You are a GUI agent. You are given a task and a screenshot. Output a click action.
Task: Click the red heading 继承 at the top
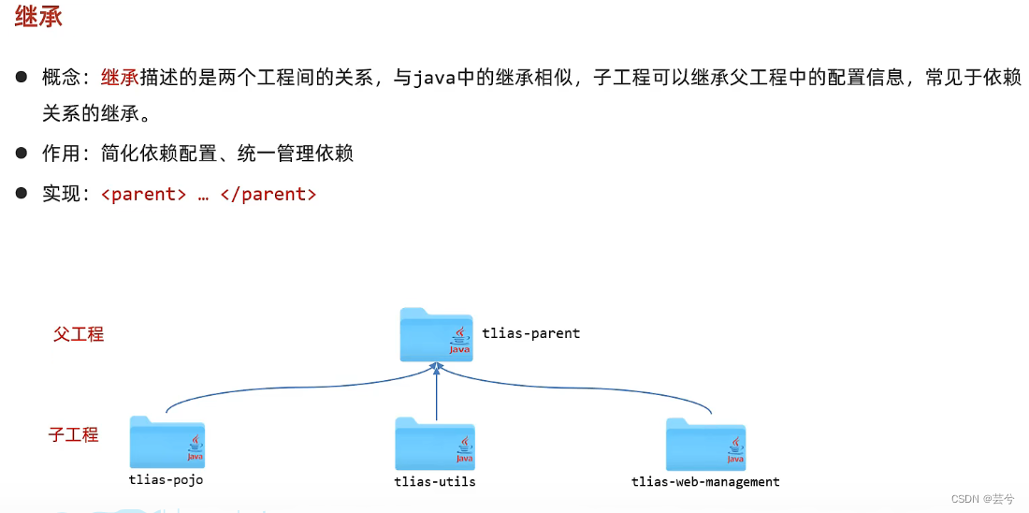[38, 18]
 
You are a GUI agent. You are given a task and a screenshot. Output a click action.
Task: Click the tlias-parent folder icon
[436, 334]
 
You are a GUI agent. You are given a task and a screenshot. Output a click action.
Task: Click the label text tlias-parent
[530, 332]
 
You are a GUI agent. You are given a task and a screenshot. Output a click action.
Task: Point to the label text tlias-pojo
[166, 479]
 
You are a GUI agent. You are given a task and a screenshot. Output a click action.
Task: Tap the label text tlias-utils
[435, 481]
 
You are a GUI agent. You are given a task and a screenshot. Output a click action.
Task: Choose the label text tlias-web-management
[705, 481]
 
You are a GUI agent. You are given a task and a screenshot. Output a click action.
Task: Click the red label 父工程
[79, 334]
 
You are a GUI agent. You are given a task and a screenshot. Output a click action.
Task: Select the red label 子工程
[74, 434]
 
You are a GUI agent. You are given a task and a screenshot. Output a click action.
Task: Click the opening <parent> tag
[143, 195]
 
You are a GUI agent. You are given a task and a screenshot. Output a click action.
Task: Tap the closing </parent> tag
[268, 195]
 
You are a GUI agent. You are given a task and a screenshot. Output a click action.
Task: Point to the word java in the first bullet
[434, 78]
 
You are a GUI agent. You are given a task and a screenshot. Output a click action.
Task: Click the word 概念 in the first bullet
[62, 78]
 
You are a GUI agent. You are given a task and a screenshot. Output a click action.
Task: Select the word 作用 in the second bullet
[62, 154]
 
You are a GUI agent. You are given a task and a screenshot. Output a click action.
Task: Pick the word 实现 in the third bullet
[62, 195]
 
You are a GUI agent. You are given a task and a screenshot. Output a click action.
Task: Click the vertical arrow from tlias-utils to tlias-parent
[437, 393]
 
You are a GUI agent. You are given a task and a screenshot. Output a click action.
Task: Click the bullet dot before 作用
[21, 153]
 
